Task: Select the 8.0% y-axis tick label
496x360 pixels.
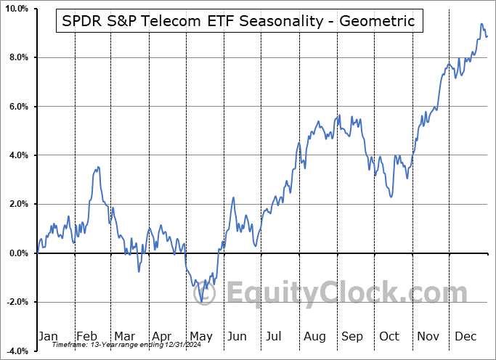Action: coord(17,57)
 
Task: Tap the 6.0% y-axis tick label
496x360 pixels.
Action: coord(17,107)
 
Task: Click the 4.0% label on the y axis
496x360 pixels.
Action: coord(17,155)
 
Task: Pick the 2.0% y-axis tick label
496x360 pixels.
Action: coord(17,205)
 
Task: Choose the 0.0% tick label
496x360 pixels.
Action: coord(17,253)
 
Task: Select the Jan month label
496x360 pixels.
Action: coord(47,336)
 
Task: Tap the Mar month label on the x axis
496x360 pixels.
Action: coord(124,336)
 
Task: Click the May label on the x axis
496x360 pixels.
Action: coord(201,336)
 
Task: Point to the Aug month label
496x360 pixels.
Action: coord(314,336)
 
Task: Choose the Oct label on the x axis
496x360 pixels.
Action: coord(389,336)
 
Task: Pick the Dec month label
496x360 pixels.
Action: coord(465,336)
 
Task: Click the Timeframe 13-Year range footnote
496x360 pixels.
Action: coord(128,345)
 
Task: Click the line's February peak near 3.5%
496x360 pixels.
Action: coord(98,167)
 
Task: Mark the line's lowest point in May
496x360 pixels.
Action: coord(201,301)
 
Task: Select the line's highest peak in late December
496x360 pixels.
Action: coord(481,24)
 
